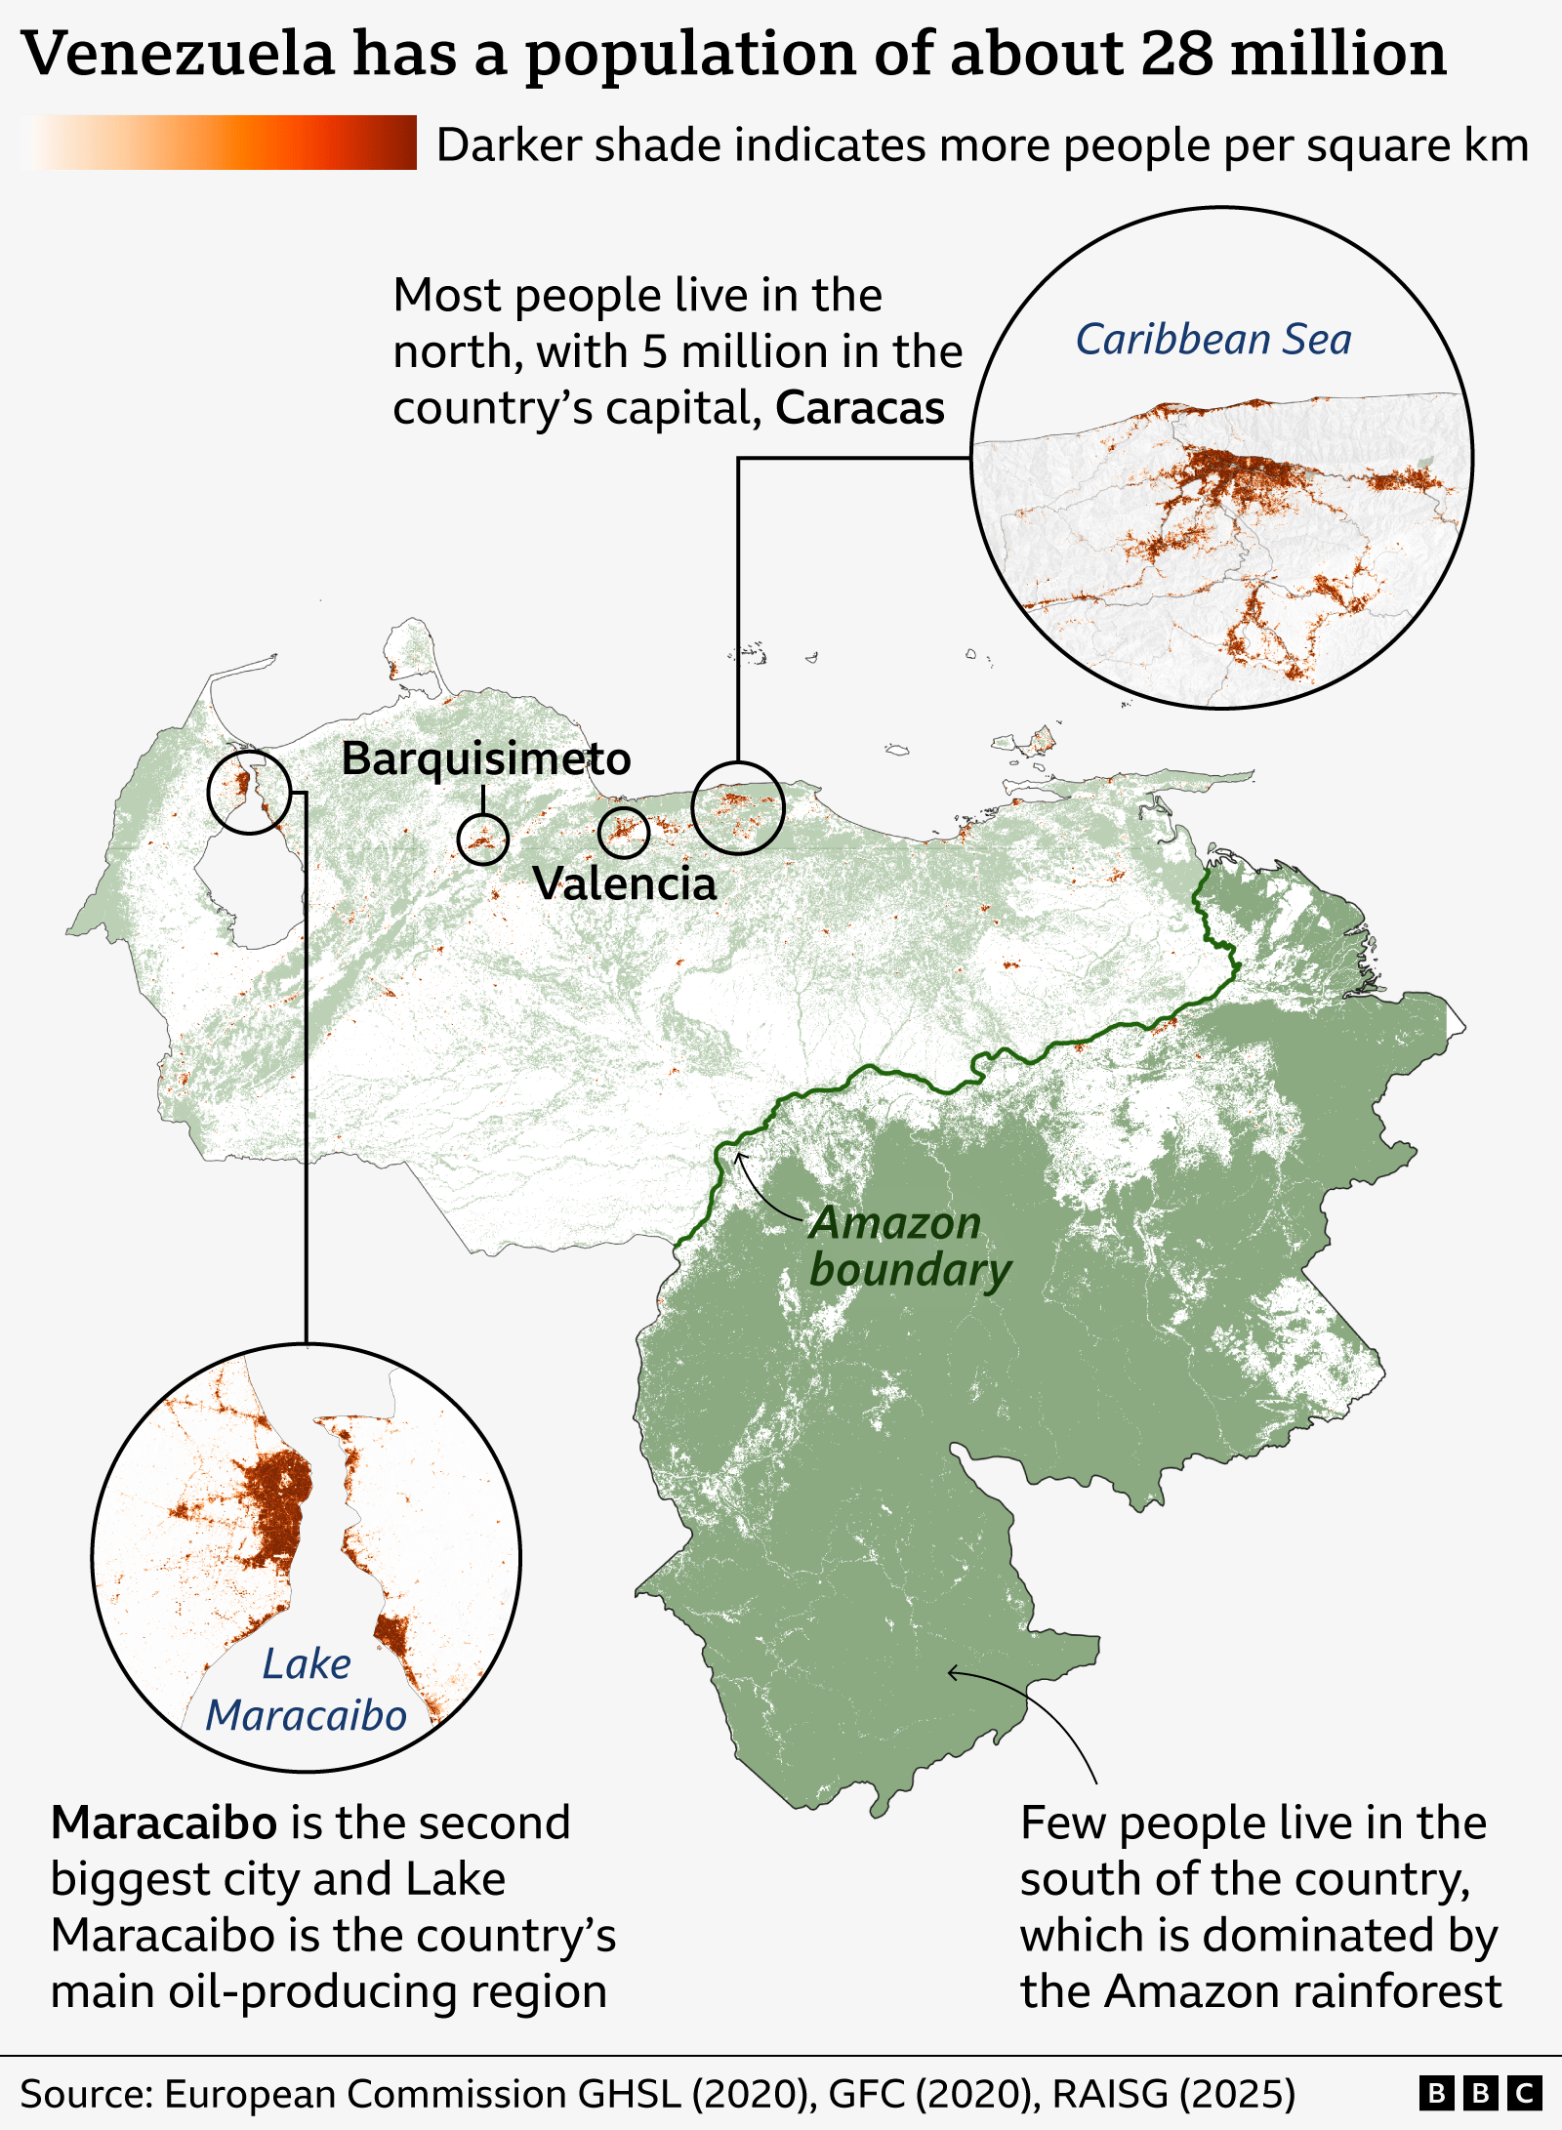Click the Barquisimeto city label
[x=485, y=758]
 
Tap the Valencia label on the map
[x=624, y=883]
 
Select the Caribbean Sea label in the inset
[x=1213, y=340]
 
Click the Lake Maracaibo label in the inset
[x=306, y=1690]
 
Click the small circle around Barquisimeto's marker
[x=483, y=839]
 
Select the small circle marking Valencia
[x=624, y=832]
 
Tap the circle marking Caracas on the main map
[x=738, y=807]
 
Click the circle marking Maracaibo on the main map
[x=249, y=792]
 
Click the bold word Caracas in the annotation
[x=859, y=408]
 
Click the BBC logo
[x=1479, y=2094]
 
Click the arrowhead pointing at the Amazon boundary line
[x=739, y=1157]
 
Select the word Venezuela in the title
[x=178, y=54]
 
